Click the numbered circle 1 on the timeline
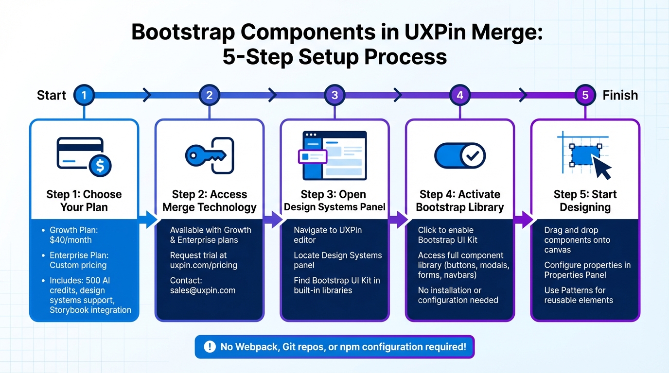(x=84, y=95)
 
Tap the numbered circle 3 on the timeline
(x=334, y=95)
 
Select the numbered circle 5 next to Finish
(x=585, y=95)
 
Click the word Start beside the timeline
(x=52, y=95)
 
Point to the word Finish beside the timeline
(x=620, y=95)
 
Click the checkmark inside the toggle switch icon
(x=472, y=156)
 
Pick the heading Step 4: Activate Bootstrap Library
(x=459, y=201)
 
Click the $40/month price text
(x=70, y=240)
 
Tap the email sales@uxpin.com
(x=202, y=290)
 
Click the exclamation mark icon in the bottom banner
(x=210, y=347)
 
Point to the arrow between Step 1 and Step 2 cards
(x=147, y=219)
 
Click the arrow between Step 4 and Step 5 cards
(x=523, y=219)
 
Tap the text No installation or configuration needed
(x=458, y=295)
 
